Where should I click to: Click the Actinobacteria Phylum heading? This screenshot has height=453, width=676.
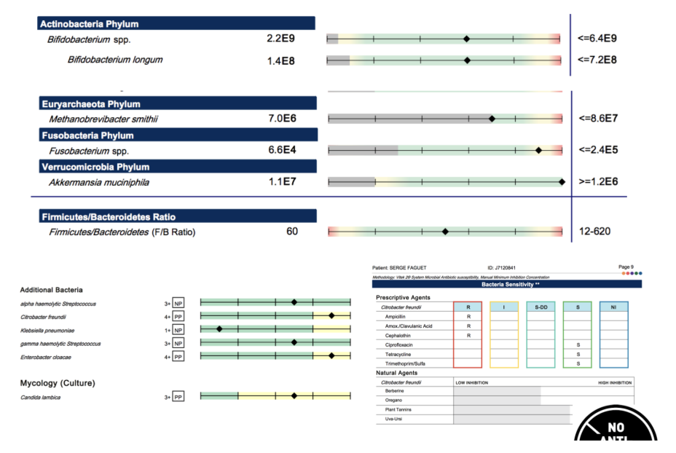tap(90, 24)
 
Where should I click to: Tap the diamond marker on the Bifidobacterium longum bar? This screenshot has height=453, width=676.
tap(467, 60)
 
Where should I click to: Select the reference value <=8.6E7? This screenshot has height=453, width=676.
tap(597, 118)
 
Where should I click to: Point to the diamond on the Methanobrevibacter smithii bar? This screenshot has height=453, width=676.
tap(492, 118)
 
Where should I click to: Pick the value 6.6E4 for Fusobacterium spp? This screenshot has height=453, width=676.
tap(283, 150)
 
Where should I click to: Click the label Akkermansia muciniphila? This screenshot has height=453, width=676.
tap(99, 182)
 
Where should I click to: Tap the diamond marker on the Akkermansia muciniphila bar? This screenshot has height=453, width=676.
tap(561, 182)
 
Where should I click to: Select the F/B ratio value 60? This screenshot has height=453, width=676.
tap(291, 232)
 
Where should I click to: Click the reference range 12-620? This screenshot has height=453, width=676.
tap(594, 232)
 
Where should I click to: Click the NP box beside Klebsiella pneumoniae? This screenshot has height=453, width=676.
tap(178, 330)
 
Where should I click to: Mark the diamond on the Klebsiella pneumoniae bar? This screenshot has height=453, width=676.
tap(219, 329)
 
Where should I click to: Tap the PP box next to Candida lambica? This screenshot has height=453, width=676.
tap(178, 398)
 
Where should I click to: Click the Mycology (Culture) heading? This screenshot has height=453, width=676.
tap(58, 382)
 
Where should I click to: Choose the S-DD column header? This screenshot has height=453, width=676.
tap(541, 307)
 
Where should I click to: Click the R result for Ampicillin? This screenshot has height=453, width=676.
tap(468, 317)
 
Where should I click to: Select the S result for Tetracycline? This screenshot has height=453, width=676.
tap(578, 353)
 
